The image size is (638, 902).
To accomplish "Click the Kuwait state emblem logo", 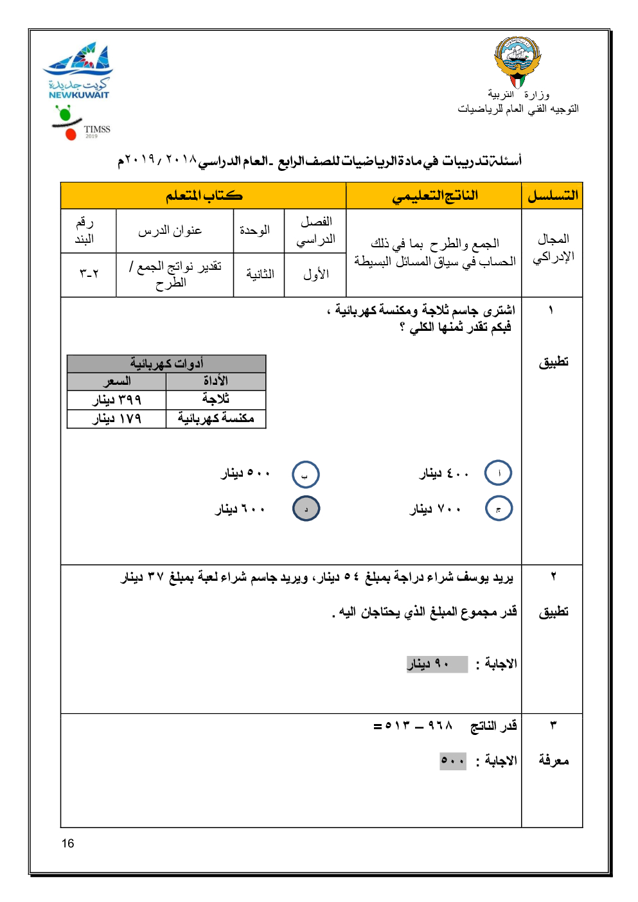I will pos(517,62).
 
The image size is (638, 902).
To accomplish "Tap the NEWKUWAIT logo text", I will pos(79,95).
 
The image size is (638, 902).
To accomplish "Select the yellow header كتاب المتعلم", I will pos(204,196).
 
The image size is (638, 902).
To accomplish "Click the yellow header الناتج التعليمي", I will pos(434,196).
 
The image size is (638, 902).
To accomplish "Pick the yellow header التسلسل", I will pos(553,196).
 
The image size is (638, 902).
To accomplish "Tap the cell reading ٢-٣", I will pos(89,274).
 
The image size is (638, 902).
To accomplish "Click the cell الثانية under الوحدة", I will pos(260,274).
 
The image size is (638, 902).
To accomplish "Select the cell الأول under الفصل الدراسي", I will pos(315,274).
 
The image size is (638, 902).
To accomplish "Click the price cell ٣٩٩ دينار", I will pos(116,400).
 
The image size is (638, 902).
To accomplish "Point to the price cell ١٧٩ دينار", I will pos(116,419).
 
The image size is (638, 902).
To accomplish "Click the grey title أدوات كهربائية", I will pos(166,364).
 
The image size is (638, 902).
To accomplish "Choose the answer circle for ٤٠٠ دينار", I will pos(499,473).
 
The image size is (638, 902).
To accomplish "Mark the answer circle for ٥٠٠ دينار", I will pos(305,475).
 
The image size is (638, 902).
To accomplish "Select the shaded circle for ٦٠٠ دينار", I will pos(306,509).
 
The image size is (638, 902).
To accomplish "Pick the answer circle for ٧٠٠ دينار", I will pos(499,509).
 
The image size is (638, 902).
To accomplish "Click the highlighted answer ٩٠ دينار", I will pos(437,664).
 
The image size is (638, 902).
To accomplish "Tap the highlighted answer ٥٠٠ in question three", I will pos(453,761).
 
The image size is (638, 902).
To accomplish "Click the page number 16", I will pos(68,844).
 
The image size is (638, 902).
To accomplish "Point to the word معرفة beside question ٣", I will pos(553,761).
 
